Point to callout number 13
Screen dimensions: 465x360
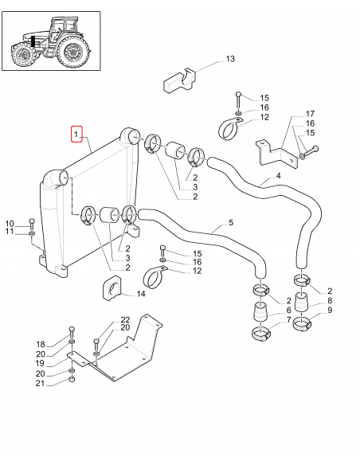[x=230, y=60]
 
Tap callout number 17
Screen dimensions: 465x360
[x=311, y=114]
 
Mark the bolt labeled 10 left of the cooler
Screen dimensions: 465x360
[x=31, y=221]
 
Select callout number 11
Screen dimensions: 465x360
[x=10, y=232]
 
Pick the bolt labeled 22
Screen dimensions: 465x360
[x=96, y=345]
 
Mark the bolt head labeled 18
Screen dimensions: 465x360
[x=72, y=330]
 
